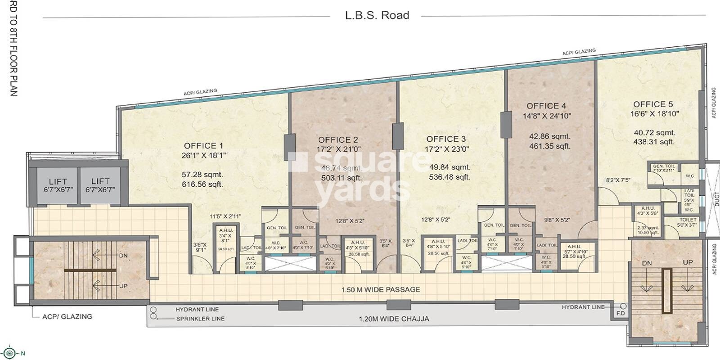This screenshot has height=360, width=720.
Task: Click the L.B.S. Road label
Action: (377, 15)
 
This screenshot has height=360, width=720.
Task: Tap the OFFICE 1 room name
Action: (203, 146)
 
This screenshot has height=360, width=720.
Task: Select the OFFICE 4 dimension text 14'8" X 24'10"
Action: (546, 116)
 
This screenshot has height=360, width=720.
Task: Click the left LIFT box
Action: (58, 185)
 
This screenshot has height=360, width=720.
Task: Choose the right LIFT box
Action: (100, 185)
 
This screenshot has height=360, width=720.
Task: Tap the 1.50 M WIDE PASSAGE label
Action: (381, 289)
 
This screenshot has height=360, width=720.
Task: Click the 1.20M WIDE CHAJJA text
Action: (394, 319)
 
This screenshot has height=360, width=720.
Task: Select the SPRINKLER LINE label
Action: (200, 319)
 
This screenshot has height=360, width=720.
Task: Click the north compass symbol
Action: (11, 353)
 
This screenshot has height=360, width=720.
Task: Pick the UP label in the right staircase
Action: (688, 262)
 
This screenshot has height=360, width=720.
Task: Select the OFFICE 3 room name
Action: (446, 139)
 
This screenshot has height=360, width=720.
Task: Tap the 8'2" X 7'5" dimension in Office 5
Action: (618, 180)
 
